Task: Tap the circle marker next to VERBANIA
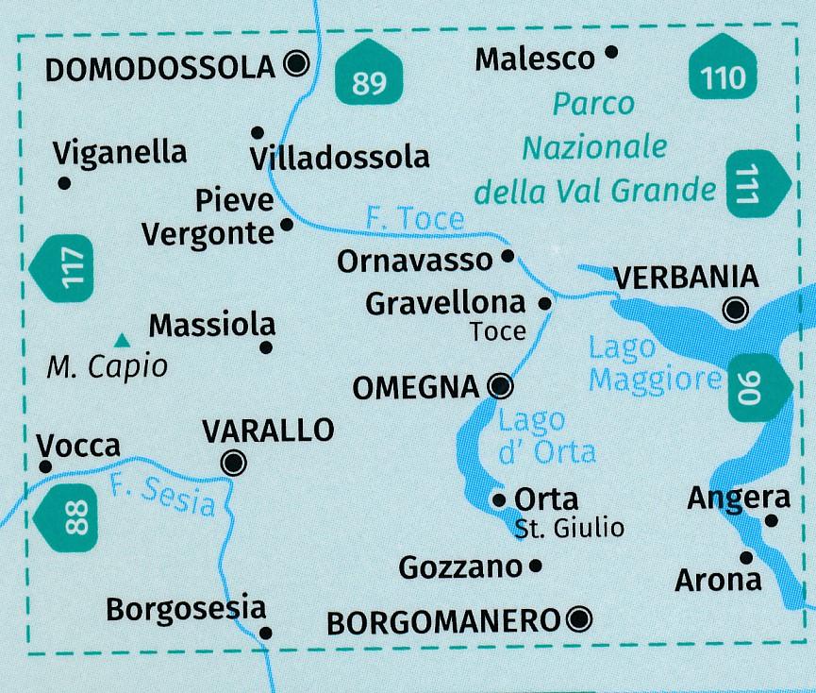click(x=736, y=310)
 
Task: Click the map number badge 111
click(x=756, y=185)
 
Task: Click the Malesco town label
click(x=535, y=59)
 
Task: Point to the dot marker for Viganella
click(x=64, y=183)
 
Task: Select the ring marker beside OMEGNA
click(x=501, y=385)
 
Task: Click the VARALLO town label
click(x=269, y=431)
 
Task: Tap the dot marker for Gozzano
click(x=536, y=566)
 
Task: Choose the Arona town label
click(x=717, y=580)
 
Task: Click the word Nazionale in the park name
click(x=594, y=148)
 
